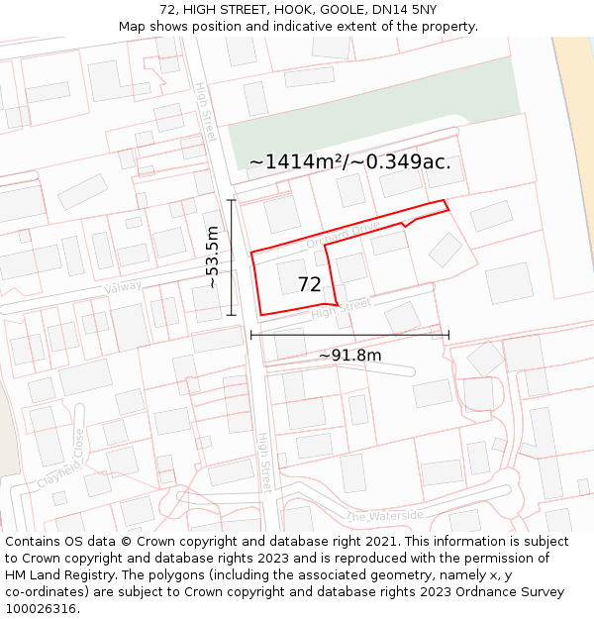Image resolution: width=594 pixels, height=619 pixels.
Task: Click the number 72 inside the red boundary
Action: click(309, 285)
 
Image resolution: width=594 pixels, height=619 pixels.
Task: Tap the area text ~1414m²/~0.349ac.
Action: click(349, 162)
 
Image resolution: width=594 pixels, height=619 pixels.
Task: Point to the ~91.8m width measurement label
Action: click(349, 355)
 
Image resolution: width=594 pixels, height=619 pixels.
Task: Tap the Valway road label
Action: click(124, 287)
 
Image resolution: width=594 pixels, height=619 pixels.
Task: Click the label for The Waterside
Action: click(385, 516)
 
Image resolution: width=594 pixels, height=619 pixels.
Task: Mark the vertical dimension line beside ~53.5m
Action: click(232, 258)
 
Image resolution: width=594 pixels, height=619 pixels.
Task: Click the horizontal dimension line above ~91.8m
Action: click(349, 335)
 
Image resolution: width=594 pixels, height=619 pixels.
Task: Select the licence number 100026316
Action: click(41, 609)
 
